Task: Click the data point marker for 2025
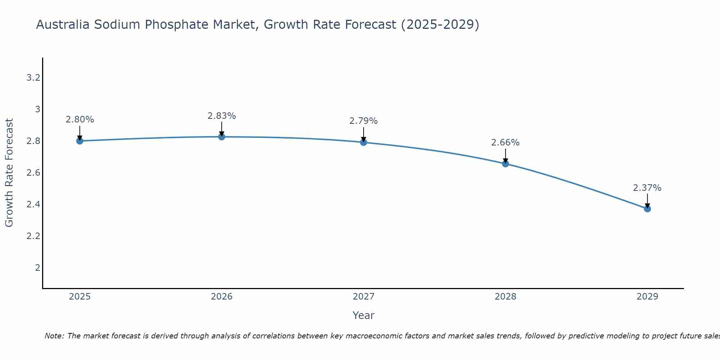80,141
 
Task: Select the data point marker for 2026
222,137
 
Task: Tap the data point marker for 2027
364,142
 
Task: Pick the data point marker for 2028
505,164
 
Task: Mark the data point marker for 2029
647,209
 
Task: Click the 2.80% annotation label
80,120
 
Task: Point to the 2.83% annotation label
222,116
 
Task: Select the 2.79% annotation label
364,121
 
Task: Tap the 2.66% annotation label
505,143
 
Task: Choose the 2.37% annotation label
647,188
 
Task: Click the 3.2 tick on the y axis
33,77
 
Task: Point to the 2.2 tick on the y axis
33,236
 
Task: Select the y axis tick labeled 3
37,109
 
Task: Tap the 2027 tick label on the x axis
364,297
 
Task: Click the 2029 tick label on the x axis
647,297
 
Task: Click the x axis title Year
364,315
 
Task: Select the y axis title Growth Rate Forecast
9,173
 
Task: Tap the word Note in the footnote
54,336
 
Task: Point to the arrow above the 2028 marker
505,156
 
